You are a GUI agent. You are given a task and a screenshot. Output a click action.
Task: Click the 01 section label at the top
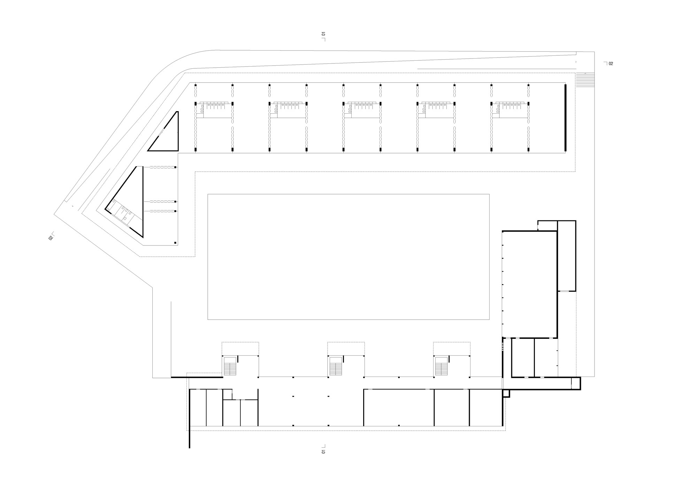(x=323, y=34)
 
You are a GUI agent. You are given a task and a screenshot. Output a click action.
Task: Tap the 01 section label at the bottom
(x=323, y=452)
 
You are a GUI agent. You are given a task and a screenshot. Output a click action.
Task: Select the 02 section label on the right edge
(x=611, y=64)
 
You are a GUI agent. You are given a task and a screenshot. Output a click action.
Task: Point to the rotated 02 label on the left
(x=51, y=238)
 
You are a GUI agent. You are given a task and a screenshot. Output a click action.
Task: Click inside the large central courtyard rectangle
(x=348, y=257)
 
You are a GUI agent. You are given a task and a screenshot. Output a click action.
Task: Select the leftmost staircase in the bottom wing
(x=230, y=366)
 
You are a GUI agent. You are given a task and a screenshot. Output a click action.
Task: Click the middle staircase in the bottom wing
(x=335, y=366)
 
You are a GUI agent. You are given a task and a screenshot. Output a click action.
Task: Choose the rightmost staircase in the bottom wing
(x=441, y=366)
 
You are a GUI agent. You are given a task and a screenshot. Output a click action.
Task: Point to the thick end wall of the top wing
(x=565, y=117)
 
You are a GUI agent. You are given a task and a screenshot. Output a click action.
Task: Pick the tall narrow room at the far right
(x=567, y=256)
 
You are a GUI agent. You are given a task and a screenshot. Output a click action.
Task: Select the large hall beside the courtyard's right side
(x=529, y=284)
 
